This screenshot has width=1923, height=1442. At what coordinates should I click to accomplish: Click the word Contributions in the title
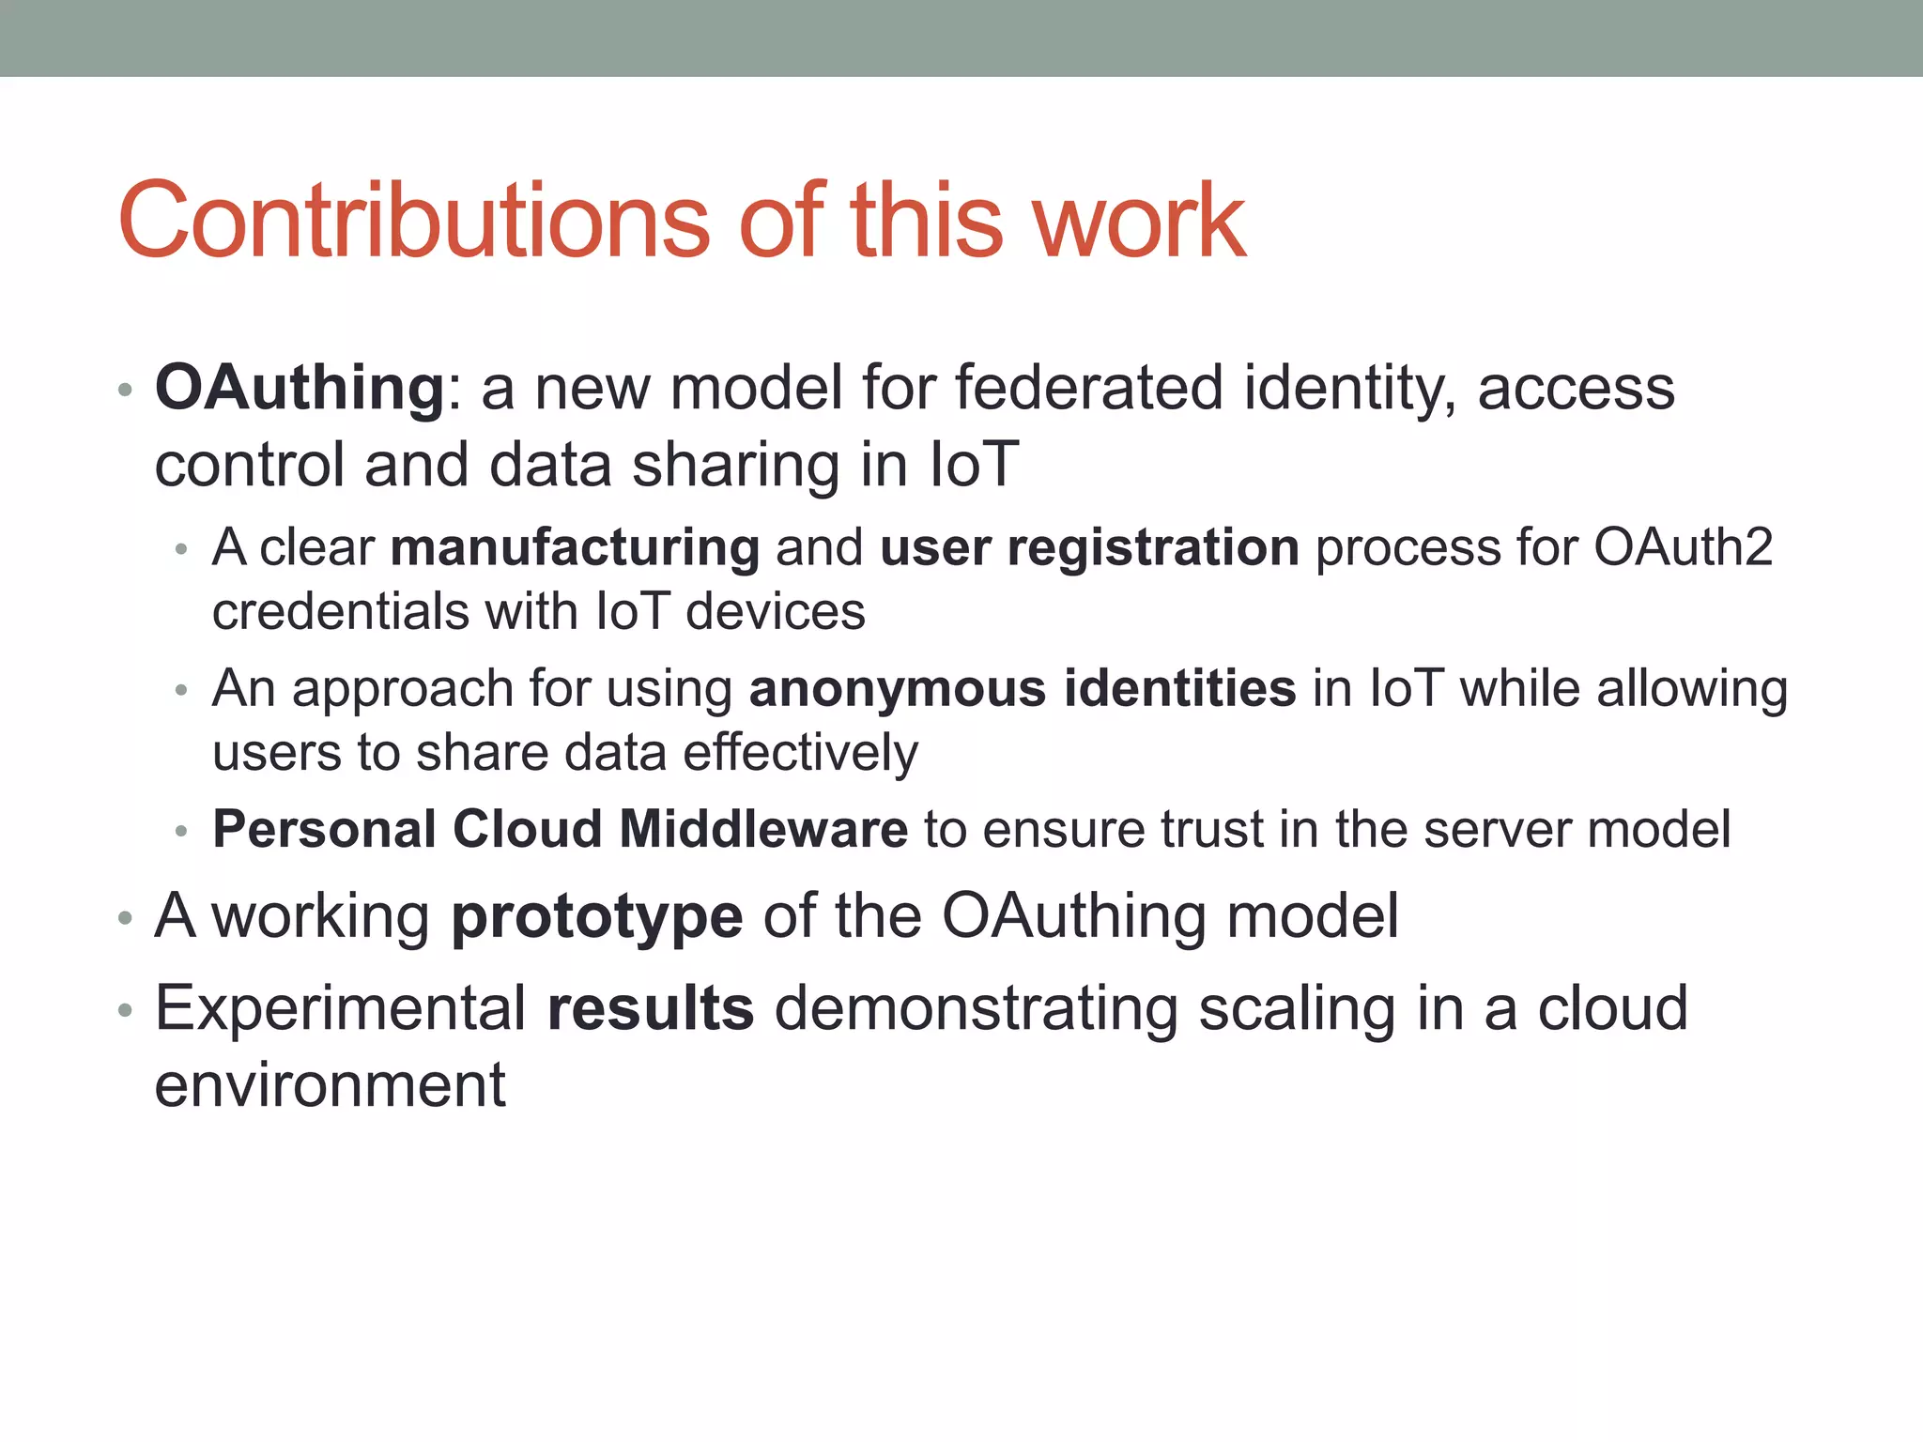click(413, 221)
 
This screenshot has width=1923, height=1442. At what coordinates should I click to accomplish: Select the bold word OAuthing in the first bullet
click(300, 388)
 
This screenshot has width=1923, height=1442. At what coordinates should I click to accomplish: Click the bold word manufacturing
click(575, 547)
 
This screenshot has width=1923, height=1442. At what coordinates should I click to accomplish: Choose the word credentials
click(340, 612)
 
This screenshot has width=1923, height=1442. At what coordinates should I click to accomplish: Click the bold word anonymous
click(898, 688)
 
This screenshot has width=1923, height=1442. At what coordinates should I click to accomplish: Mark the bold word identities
click(1180, 688)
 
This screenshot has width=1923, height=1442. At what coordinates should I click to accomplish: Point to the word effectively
click(800, 753)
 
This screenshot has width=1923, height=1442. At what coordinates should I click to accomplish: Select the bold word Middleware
click(763, 829)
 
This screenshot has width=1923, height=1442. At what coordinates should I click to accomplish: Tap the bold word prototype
click(597, 916)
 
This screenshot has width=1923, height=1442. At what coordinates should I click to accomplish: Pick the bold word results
click(651, 1008)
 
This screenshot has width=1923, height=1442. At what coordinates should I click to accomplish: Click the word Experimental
click(340, 1008)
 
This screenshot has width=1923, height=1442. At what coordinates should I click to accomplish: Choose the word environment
click(330, 1085)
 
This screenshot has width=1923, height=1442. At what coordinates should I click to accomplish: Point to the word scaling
click(1297, 1008)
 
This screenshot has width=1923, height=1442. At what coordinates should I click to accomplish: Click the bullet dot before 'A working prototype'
click(125, 918)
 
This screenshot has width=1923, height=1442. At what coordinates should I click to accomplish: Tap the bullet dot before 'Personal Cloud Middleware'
click(182, 831)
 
